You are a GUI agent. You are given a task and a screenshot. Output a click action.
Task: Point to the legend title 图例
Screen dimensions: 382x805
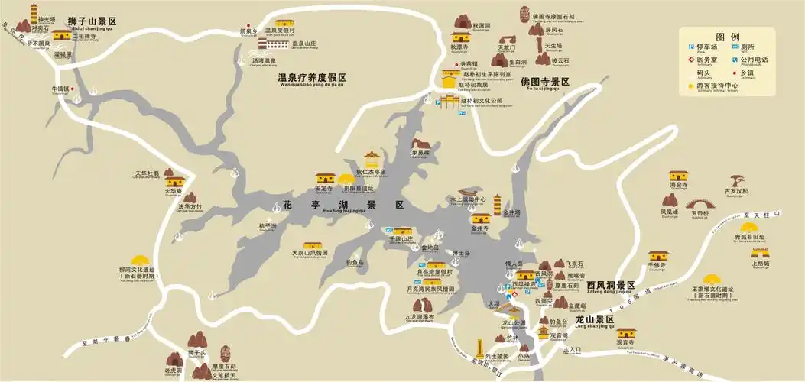[x=727, y=37]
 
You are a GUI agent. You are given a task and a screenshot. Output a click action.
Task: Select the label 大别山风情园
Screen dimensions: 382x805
[x=310, y=251]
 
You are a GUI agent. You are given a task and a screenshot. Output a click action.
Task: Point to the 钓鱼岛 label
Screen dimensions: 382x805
[x=355, y=262]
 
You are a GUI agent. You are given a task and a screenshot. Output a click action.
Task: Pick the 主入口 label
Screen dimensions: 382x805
[x=573, y=349]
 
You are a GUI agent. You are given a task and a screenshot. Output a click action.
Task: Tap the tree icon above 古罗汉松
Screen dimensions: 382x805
[x=738, y=180]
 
